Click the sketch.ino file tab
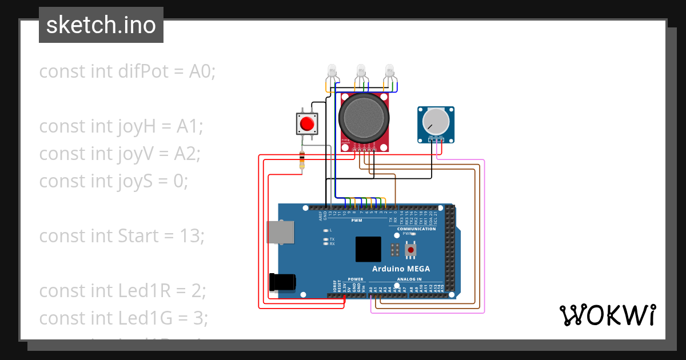pyautogui.click(x=101, y=25)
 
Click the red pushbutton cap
pyautogui.click(x=308, y=123)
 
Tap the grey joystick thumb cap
pyautogui.click(x=364, y=118)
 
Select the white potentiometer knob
pyautogui.click(x=436, y=121)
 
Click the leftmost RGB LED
pyautogui.click(x=332, y=72)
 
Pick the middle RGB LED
pyautogui.click(x=361, y=71)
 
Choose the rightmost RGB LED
pyautogui.click(x=390, y=71)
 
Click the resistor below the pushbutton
pyautogui.click(x=302, y=160)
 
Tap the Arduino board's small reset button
pyautogui.click(x=410, y=250)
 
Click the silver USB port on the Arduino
pyautogui.click(x=281, y=232)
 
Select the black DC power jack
pyautogui.click(x=282, y=282)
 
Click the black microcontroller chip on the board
pyautogui.click(x=368, y=249)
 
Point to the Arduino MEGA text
pyautogui.click(x=401, y=269)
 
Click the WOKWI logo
pyautogui.click(x=607, y=315)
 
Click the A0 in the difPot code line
pyautogui.click(x=201, y=71)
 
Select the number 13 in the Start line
pyautogui.click(x=192, y=235)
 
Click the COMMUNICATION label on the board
pyautogui.click(x=416, y=229)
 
